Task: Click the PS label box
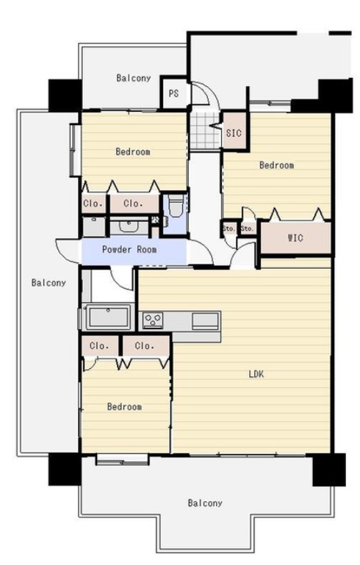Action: click(x=173, y=93)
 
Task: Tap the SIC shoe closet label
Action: click(x=234, y=133)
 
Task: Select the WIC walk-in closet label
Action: click(x=295, y=238)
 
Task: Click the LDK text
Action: click(x=256, y=374)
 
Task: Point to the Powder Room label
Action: click(x=129, y=249)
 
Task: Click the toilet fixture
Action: click(x=176, y=206)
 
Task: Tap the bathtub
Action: click(x=109, y=317)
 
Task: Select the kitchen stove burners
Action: click(x=153, y=320)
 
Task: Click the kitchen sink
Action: click(x=206, y=320)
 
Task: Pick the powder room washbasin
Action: click(x=128, y=226)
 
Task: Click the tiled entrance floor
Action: click(x=205, y=130)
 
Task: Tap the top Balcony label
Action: click(x=133, y=78)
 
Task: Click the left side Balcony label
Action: click(x=48, y=282)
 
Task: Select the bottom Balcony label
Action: click(x=205, y=503)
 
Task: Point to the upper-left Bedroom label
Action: click(x=133, y=151)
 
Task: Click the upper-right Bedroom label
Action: click(x=276, y=165)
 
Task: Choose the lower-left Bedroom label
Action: click(x=124, y=406)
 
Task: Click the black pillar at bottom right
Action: click(x=329, y=469)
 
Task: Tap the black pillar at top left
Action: click(x=65, y=96)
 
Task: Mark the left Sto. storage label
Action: click(x=229, y=228)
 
